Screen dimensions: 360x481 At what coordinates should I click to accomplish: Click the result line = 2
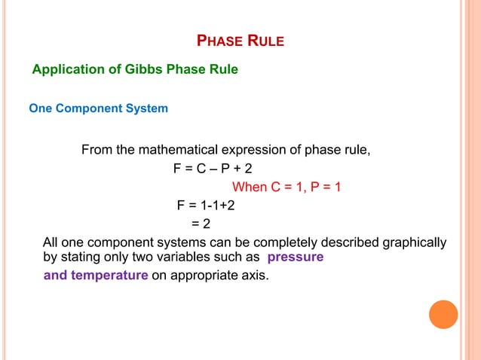pos(201,224)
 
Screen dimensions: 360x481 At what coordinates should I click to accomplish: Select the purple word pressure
pos(296,257)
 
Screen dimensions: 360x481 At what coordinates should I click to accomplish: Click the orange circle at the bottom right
pos(443,314)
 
